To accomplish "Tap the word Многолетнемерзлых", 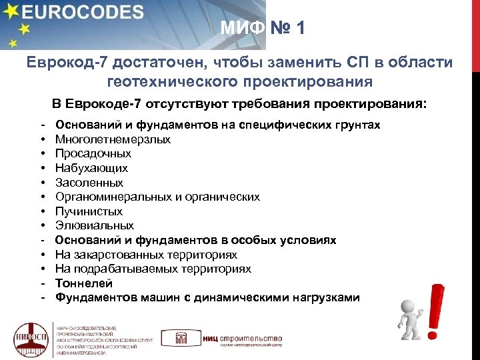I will pyautogui.click(x=113, y=139).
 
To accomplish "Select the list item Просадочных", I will pyautogui.click(x=93, y=154).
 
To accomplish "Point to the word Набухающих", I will pyautogui.click(x=91, y=168).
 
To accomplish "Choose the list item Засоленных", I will pyautogui.click(x=89, y=183).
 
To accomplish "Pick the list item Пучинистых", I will pyautogui.click(x=89, y=211).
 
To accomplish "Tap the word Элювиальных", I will pyautogui.click(x=94, y=226).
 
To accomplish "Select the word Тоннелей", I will pyautogui.click(x=81, y=283).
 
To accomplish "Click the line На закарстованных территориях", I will pyautogui.click(x=146, y=255).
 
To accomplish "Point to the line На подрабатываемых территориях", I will pyautogui.click(x=153, y=269).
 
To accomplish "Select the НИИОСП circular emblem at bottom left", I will pyautogui.click(x=31, y=339).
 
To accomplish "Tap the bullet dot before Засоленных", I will pyautogui.click(x=42, y=183).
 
